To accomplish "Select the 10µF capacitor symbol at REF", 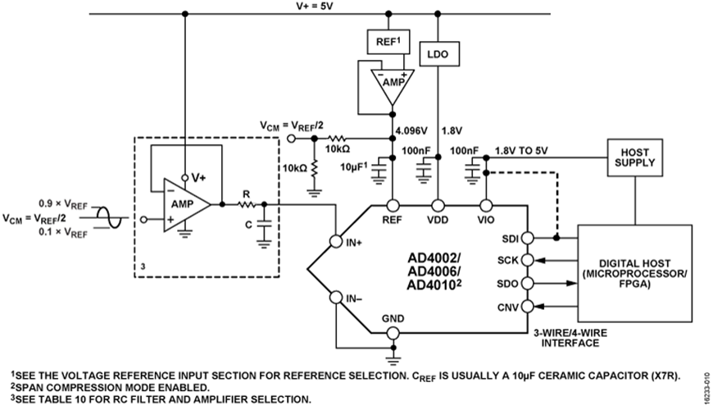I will pos(378,170).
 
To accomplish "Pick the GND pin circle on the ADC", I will pos(393,333).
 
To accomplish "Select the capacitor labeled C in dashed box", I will pos(263,222).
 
